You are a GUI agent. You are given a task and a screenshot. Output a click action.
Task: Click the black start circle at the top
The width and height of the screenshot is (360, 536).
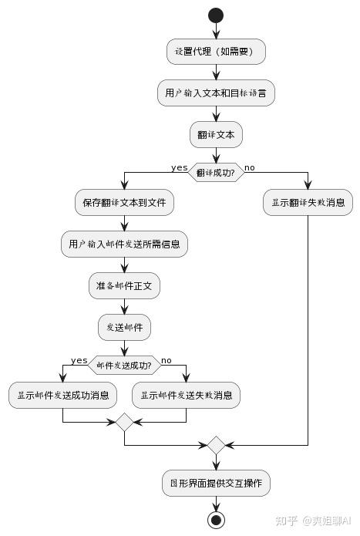click(216, 15)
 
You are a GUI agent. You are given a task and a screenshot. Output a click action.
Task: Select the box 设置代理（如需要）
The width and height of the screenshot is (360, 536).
click(216, 52)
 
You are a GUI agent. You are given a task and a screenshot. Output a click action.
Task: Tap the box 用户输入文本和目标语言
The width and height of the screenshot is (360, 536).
click(216, 93)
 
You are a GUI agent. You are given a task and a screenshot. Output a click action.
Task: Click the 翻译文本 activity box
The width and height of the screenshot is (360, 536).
click(216, 135)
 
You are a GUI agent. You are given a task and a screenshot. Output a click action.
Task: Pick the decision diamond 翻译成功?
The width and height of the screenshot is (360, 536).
click(216, 173)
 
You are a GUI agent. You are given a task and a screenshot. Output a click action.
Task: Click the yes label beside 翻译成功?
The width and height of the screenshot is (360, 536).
click(179, 167)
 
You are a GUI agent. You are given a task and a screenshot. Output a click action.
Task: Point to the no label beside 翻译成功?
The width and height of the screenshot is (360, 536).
click(250, 167)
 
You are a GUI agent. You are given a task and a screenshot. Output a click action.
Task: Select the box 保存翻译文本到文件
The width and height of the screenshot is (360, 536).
click(124, 203)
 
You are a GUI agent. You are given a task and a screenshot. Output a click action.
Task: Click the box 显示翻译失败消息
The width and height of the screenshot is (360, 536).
click(308, 203)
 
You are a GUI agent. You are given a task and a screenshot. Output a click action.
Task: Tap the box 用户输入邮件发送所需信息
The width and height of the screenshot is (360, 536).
click(124, 244)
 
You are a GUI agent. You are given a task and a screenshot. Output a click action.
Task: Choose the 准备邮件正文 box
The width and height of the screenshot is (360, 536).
click(124, 286)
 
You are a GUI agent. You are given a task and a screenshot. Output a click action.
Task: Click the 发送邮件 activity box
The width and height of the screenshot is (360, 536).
click(124, 328)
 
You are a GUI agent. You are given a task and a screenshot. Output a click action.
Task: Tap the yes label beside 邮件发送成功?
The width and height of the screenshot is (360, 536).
click(79, 360)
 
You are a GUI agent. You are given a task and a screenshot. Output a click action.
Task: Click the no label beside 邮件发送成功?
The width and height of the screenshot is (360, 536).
click(166, 360)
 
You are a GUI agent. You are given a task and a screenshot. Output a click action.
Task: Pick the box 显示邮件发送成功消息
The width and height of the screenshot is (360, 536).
click(62, 396)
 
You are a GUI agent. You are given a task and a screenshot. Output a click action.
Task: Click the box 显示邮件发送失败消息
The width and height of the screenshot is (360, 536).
click(186, 396)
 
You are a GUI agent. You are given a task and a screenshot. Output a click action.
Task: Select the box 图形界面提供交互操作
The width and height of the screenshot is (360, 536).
click(216, 484)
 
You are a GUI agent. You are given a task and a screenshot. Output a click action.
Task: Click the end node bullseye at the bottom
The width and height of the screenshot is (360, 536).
click(216, 520)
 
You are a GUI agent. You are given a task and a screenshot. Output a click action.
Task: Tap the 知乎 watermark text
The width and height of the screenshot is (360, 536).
click(287, 521)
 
